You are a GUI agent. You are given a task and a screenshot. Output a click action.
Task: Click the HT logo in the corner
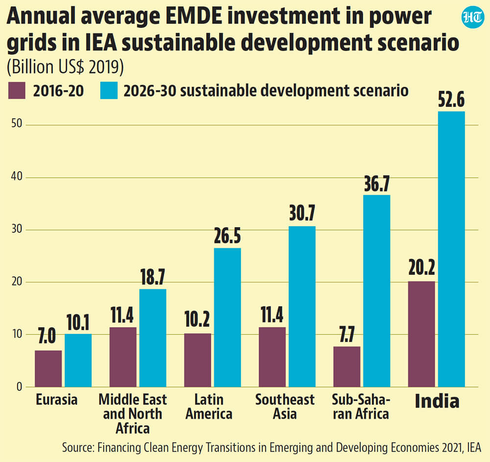(x=472, y=17)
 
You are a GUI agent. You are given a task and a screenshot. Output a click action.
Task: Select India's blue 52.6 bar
(x=451, y=249)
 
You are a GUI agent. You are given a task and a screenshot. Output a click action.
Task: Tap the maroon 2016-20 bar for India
(x=421, y=334)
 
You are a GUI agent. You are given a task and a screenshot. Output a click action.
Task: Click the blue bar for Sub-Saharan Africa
(x=376, y=291)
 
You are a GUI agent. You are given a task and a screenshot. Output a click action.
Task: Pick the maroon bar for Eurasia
(x=48, y=369)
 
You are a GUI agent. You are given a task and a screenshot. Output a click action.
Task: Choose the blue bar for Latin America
(x=227, y=317)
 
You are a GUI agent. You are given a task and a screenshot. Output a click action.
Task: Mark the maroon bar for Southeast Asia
(x=272, y=357)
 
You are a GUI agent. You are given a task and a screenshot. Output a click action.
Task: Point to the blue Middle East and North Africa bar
(x=153, y=338)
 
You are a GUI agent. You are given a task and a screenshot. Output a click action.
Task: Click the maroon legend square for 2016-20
(x=17, y=91)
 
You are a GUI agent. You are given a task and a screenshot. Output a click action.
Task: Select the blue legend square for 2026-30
(x=109, y=91)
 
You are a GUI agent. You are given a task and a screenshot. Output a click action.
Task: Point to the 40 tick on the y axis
(x=17, y=177)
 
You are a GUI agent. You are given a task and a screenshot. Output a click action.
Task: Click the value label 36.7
(x=377, y=183)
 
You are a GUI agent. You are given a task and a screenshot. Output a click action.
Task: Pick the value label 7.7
(x=347, y=334)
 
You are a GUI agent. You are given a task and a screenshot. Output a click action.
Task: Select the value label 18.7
(x=152, y=277)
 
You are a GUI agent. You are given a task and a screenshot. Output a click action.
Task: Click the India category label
(x=437, y=401)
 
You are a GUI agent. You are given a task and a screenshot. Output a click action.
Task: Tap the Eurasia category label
(x=56, y=400)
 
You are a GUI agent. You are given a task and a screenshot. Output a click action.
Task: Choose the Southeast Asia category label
(x=285, y=407)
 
